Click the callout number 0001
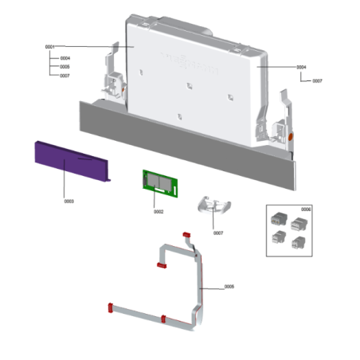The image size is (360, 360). coord(49,47)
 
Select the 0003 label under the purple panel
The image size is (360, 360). coord(68,202)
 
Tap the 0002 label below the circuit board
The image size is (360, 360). coord(158,212)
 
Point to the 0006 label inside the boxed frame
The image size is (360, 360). coord(307,209)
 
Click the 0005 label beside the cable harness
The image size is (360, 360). coord(229,286)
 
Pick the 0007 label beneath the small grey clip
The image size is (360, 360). coord(218,233)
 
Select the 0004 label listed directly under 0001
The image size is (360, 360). coord(65,58)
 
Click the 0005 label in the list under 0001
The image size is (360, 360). coord(65,67)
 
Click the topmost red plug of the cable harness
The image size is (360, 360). coord(186,235)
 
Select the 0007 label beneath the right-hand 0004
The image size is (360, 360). coord(317,81)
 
